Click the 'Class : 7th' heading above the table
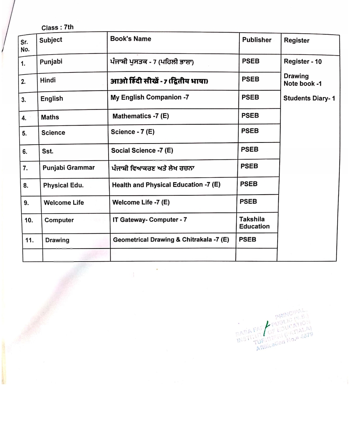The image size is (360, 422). pyautogui.click(x=57, y=27)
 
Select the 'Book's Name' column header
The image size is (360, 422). pyautogui.click(x=131, y=39)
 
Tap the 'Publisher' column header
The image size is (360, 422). pyautogui.click(x=257, y=40)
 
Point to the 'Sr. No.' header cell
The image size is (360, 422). pyautogui.click(x=25, y=46)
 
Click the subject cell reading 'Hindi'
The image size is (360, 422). pyautogui.click(x=48, y=80)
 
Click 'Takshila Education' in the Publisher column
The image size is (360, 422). pyautogui.click(x=254, y=223)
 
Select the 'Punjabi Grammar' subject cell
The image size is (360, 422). pyautogui.click(x=68, y=168)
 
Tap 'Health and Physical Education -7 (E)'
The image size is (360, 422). pyautogui.click(x=166, y=185)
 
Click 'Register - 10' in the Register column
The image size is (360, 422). pyautogui.click(x=303, y=62)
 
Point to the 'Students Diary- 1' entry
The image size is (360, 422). pyautogui.click(x=309, y=98)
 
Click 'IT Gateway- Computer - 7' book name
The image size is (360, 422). pyautogui.click(x=149, y=220)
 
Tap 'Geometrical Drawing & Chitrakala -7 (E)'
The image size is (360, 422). pyautogui.click(x=171, y=240)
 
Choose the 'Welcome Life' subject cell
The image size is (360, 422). pyautogui.click(x=64, y=203)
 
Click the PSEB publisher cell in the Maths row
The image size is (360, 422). pyautogui.click(x=250, y=115)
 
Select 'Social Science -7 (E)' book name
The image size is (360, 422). pyautogui.click(x=142, y=150)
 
